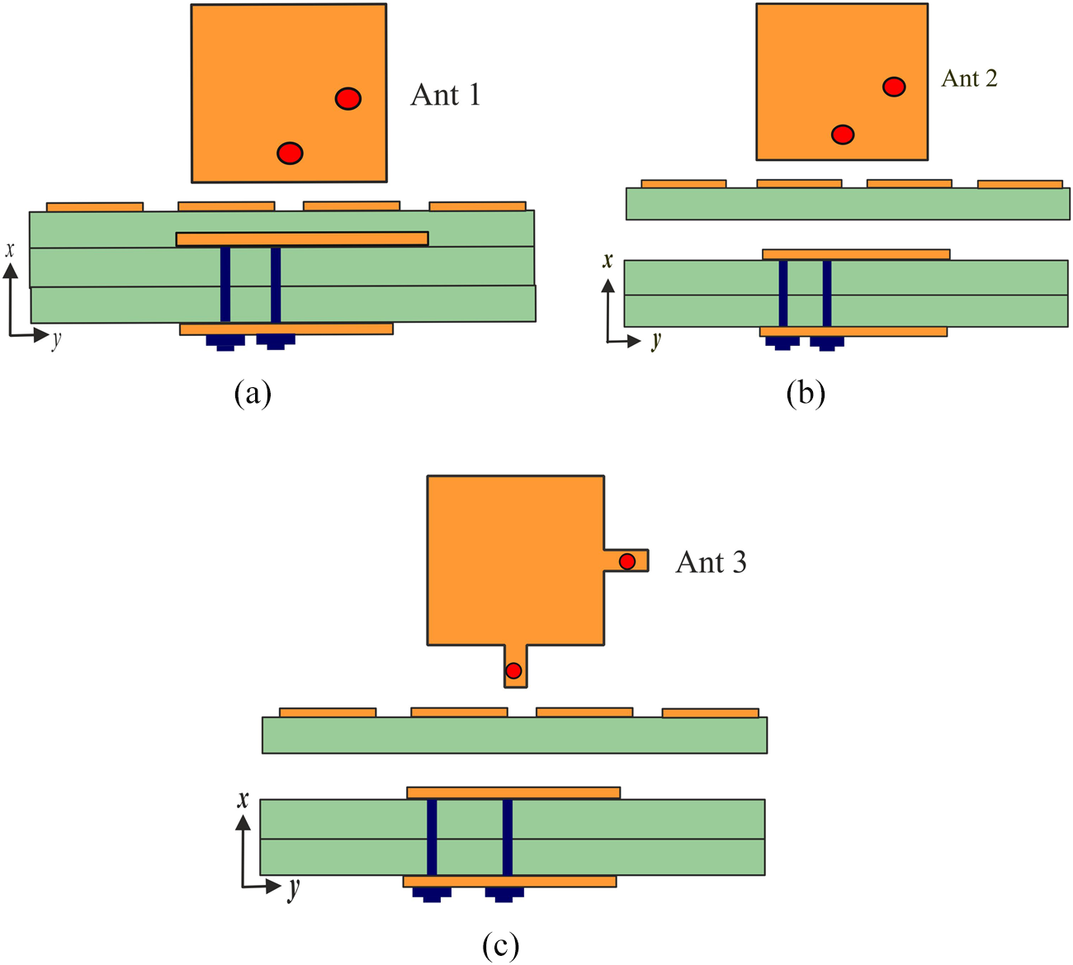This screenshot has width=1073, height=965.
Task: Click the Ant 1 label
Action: [x=445, y=96]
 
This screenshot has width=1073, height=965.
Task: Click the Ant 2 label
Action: [x=969, y=78]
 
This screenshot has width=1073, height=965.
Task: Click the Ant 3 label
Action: [x=711, y=562]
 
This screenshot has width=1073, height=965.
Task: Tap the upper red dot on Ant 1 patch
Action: [x=348, y=99]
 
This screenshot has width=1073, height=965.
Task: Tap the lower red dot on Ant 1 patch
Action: [x=290, y=153]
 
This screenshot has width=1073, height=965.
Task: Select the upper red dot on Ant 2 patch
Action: [x=894, y=86]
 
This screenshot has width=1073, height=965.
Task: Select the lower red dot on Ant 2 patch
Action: [x=842, y=134]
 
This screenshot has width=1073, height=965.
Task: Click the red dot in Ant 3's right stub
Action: [x=627, y=561]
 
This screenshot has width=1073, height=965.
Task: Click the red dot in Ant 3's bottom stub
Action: [x=513, y=670]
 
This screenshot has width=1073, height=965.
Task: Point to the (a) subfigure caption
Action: [x=253, y=393]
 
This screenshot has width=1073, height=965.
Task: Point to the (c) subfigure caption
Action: [x=501, y=945]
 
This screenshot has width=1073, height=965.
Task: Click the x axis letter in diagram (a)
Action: [x=10, y=248]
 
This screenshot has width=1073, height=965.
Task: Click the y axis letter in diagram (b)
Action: [x=656, y=339]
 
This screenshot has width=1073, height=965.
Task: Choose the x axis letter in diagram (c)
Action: [x=243, y=798]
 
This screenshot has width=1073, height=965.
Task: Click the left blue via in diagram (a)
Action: [x=225, y=284]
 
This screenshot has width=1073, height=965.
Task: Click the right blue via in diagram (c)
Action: [x=507, y=836]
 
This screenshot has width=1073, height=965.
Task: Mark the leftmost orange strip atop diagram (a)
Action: [x=95, y=206]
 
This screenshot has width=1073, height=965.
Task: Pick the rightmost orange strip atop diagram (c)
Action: [x=710, y=712]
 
